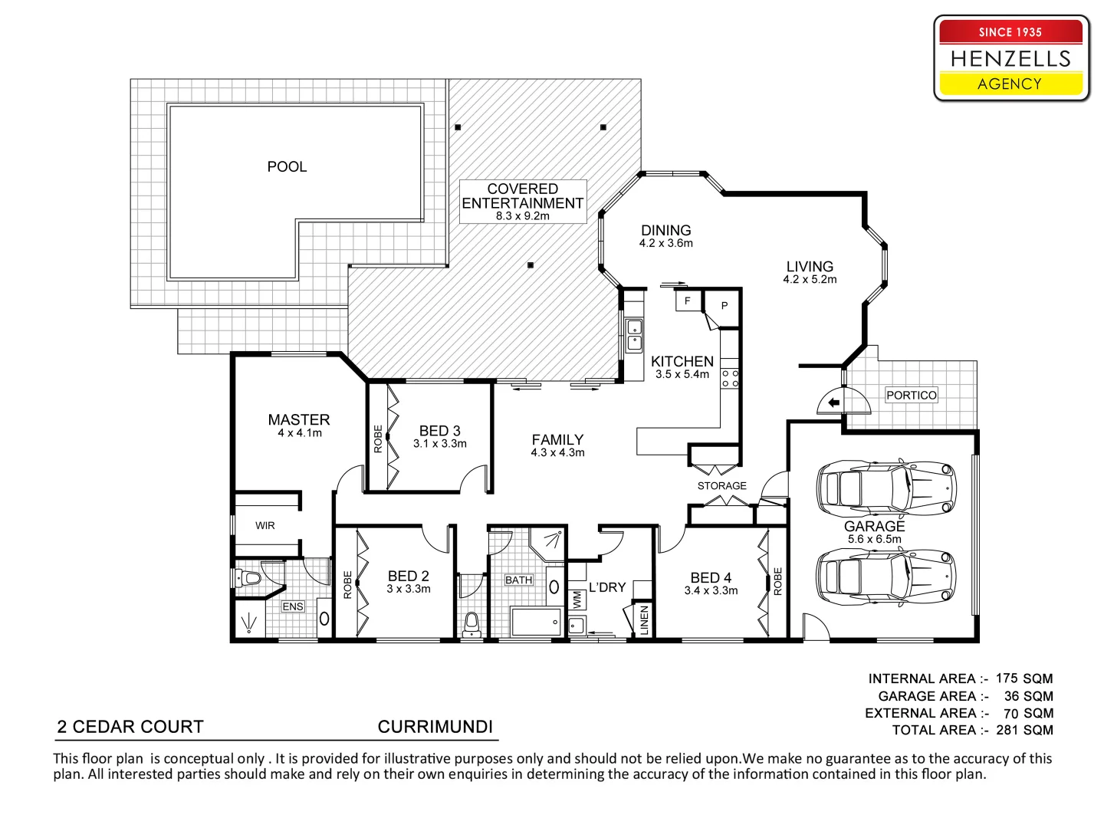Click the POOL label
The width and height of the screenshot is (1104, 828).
[287, 166]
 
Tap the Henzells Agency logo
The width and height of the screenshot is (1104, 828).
[1010, 59]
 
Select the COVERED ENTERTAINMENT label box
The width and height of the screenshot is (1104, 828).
[523, 202]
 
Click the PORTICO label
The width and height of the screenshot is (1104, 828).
[911, 395]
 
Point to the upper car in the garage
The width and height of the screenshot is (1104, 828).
[886, 487]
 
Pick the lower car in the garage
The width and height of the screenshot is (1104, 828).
[886, 576]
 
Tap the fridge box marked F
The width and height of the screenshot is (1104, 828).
[688, 301]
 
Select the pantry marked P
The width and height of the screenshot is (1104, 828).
[724, 306]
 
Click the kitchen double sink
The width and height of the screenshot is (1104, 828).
[635, 336]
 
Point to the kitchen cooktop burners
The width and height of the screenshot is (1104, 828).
[730, 378]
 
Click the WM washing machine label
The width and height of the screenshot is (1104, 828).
[577, 600]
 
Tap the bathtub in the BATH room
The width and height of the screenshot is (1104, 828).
[536, 622]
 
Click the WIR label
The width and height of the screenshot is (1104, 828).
[265, 525]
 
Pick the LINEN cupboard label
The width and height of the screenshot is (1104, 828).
[644, 619]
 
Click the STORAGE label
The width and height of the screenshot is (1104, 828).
[721, 485]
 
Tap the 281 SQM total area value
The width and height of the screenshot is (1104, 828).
[1024, 730]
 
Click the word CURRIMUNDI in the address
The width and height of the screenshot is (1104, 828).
[435, 727]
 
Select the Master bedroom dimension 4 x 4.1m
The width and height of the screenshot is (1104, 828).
[299, 433]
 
